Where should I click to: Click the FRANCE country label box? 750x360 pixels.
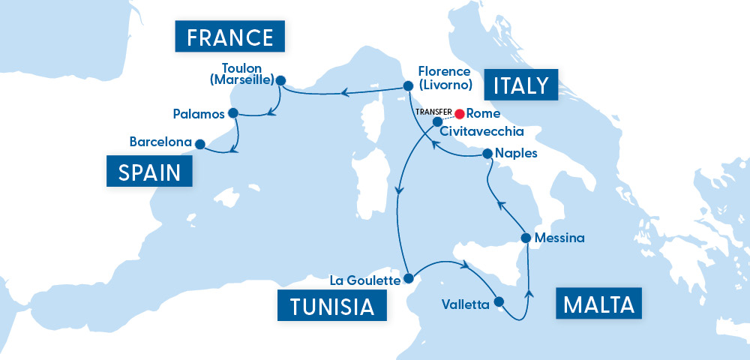click(230, 37)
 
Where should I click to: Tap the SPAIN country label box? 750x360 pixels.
click(150, 172)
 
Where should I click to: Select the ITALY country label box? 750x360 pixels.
click(521, 85)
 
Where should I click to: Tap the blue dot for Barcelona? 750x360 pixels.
click(200, 143)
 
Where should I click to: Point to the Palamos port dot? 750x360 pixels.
click(232, 114)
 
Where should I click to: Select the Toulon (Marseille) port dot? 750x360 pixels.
click(280, 80)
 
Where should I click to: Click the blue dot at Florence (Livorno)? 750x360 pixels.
click(408, 86)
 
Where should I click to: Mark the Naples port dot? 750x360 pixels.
click(487, 154)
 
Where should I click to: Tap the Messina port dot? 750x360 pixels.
click(526, 238)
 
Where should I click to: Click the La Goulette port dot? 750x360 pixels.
click(408, 278)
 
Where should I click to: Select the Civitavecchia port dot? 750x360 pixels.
click(437, 120)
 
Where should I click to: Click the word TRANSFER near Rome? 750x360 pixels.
click(434, 112)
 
